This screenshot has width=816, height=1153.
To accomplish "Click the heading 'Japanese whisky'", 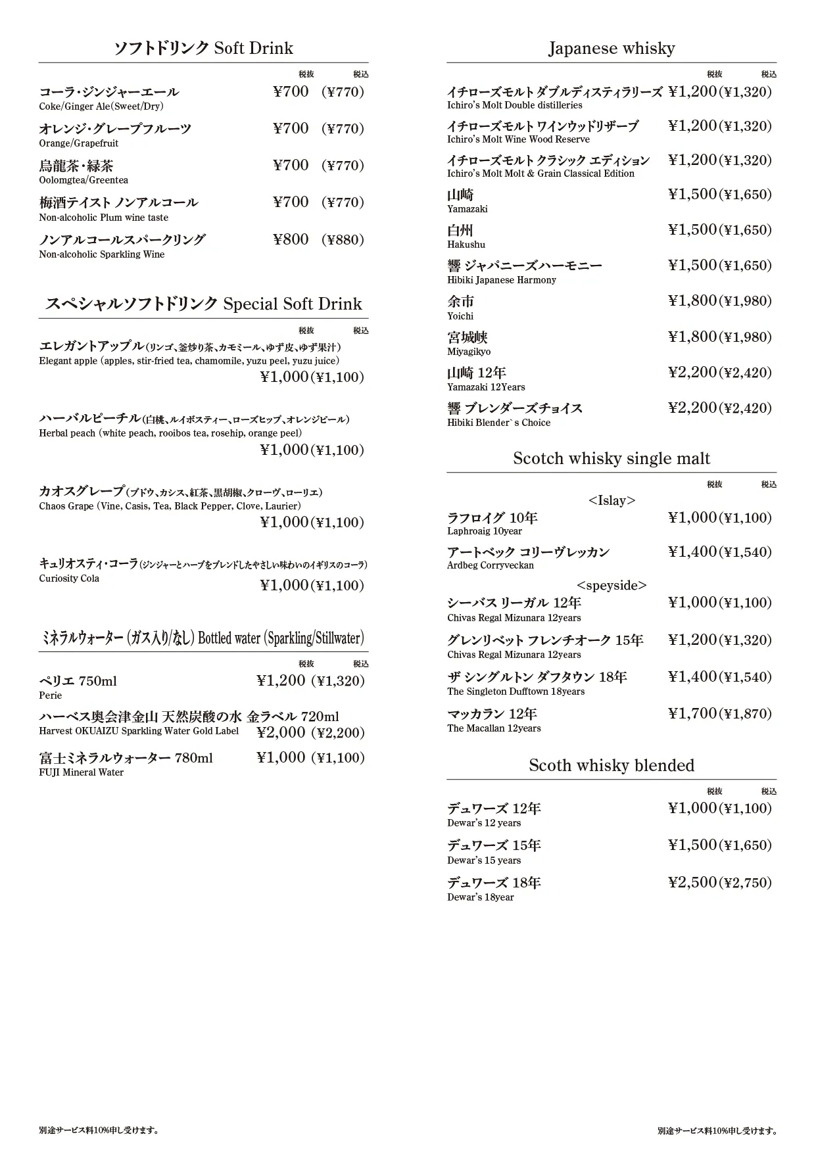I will pyautogui.click(x=612, y=48).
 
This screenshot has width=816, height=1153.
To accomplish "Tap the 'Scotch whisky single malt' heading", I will pyautogui.click(x=612, y=458).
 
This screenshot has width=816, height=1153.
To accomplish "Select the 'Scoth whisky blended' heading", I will pyautogui.click(x=612, y=765).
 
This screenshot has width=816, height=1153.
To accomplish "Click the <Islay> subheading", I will pyautogui.click(x=612, y=500).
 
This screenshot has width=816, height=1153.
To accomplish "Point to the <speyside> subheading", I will pyautogui.click(x=612, y=585).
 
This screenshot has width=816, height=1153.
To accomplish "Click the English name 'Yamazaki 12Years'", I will pyautogui.click(x=486, y=387).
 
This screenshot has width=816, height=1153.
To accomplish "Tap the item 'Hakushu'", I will pyautogui.click(x=466, y=245).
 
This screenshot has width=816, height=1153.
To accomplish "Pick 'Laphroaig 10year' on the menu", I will pyautogui.click(x=485, y=531).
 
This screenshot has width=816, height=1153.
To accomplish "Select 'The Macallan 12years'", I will pyautogui.click(x=494, y=728).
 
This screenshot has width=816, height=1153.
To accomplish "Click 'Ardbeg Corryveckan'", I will pyautogui.click(x=491, y=565).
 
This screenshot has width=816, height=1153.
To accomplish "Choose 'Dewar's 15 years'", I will pyautogui.click(x=484, y=860).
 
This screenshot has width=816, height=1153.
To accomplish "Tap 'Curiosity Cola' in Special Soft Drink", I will pyautogui.click(x=69, y=578).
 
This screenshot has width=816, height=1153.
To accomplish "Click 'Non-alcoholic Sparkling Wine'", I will pyautogui.click(x=102, y=254).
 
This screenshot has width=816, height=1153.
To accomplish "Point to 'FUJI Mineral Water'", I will pyautogui.click(x=82, y=772).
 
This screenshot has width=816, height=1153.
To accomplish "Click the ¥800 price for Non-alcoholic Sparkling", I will pyautogui.click(x=291, y=239).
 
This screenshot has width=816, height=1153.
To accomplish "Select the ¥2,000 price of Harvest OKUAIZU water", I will pyautogui.click(x=281, y=732).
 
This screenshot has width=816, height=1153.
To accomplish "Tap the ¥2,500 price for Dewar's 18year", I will pyautogui.click(x=692, y=882).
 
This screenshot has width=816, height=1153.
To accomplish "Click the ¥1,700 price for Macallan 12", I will pyautogui.click(x=692, y=713).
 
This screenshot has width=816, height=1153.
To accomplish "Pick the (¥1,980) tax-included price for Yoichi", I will pyautogui.click(x=746, y=301).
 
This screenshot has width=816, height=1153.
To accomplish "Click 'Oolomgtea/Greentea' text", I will pyautogui.click(x=84, y=180).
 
